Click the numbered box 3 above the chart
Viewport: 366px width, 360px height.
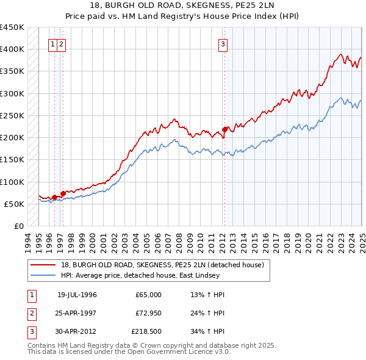click(x=223, y=43)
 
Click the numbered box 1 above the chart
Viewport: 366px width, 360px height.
click(x=54, y=43)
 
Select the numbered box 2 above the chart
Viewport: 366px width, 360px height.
click(x=62, y=43)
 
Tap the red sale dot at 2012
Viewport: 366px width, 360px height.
click(x=225, y=129)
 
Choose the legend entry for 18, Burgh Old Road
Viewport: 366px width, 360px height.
click(x=162, y=265)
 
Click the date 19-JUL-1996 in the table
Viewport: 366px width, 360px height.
click(x=77, y=295)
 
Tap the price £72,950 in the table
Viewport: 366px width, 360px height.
click(x=147, y=314)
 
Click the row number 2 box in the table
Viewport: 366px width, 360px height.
click(x=30, y=314)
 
